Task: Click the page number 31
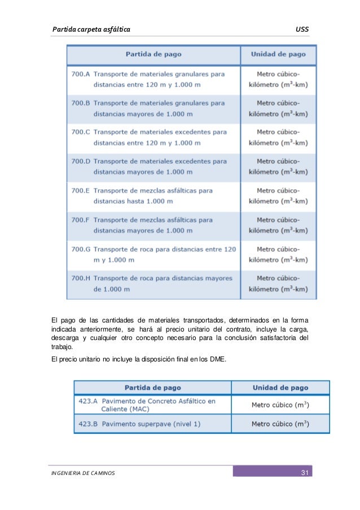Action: (303, 472)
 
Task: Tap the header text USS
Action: (302, 29)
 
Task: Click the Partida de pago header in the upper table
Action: (153, 55)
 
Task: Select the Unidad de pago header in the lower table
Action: (280, 387)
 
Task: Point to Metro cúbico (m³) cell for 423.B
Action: (280, 424)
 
